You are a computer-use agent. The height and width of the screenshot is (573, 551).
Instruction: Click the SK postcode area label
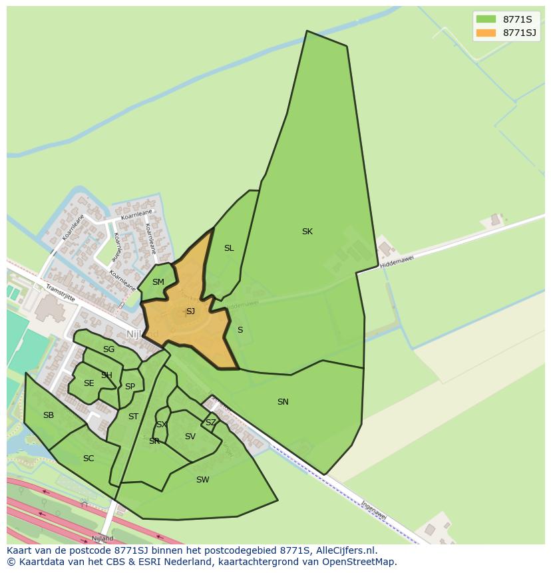click(x=307, y=232)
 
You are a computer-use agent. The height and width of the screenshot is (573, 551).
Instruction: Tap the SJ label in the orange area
click(x=190, y=311)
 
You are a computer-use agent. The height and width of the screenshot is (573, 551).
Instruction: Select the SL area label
click(x=229, y=248)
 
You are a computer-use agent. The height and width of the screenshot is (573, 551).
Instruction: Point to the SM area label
click(x=158, y=282)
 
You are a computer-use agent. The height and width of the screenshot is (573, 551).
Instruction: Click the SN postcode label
click(x=283, y=402)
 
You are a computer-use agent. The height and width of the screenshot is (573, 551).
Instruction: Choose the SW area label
click(x=203, y=480)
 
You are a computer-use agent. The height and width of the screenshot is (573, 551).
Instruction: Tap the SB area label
click(x=48, y=415)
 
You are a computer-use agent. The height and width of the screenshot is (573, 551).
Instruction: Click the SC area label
click(x=89, y=459)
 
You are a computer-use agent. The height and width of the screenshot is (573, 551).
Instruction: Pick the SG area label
click(x=108, y=349)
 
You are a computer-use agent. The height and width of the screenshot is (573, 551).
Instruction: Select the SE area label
click(x=89, y=383)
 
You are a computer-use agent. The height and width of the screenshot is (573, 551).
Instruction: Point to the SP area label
click(x=130, y=387)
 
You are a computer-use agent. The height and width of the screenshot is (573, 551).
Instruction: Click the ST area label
click(x=133, y=417)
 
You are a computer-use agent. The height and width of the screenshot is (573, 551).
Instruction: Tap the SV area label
click(x=190, y=437)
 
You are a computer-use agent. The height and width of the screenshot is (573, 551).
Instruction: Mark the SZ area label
click(x=210, y=423)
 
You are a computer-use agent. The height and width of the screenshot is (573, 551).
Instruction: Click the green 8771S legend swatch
click(x=486, y=19)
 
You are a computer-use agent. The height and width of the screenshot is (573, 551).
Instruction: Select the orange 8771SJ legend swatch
click(x=486, y=33)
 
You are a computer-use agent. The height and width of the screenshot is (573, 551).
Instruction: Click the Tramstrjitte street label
click(x=61, y=293)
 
